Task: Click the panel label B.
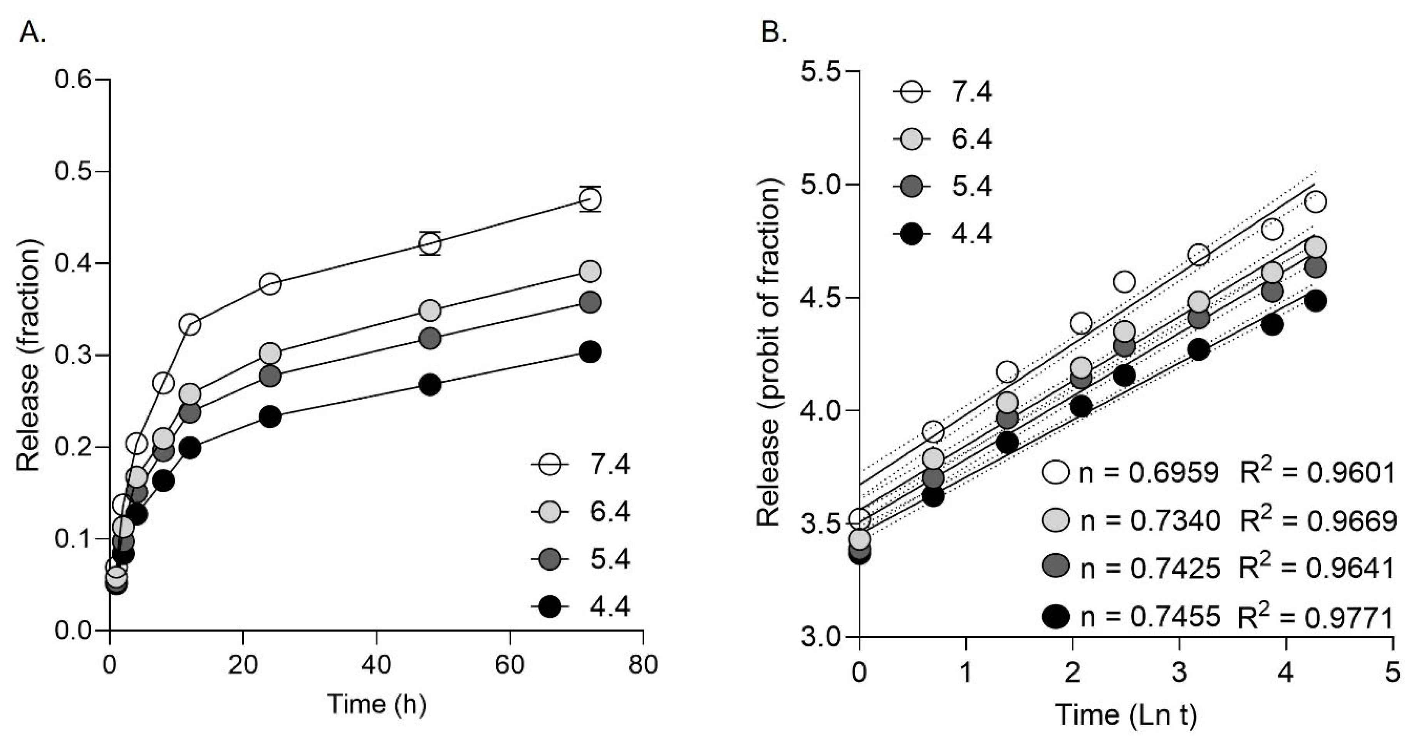coord(774,33)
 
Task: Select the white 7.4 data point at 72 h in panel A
coord(590,199)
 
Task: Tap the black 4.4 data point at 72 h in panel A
coord(590,352)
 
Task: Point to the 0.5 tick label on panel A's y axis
coord(73,172)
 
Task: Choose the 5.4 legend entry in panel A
coord(582,559)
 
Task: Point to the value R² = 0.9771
coord(1317,617)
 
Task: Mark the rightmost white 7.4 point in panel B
coord(1312,202)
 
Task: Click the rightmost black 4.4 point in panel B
coord(1312,301)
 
